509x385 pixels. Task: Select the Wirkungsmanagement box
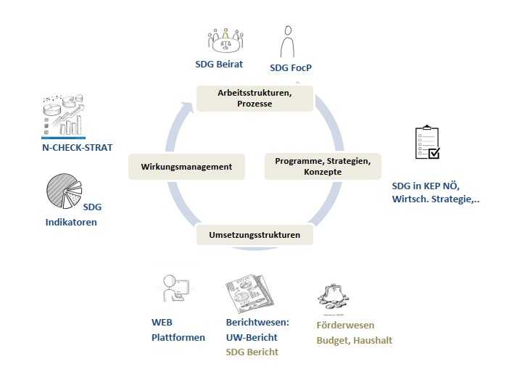point(186,166)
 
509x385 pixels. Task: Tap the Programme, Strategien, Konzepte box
point(321,166)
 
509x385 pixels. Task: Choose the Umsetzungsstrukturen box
point(255,235)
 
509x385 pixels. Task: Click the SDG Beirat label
point(218,64)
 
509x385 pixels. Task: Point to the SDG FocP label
point(290,68)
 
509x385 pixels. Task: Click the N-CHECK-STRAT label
point(77,146)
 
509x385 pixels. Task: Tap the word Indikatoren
point(71,222)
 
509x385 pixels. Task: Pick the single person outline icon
point(288,41)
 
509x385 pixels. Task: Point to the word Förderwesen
point(345,325)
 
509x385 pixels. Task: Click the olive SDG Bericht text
point(252,352)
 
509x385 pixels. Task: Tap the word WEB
point(162,323)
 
